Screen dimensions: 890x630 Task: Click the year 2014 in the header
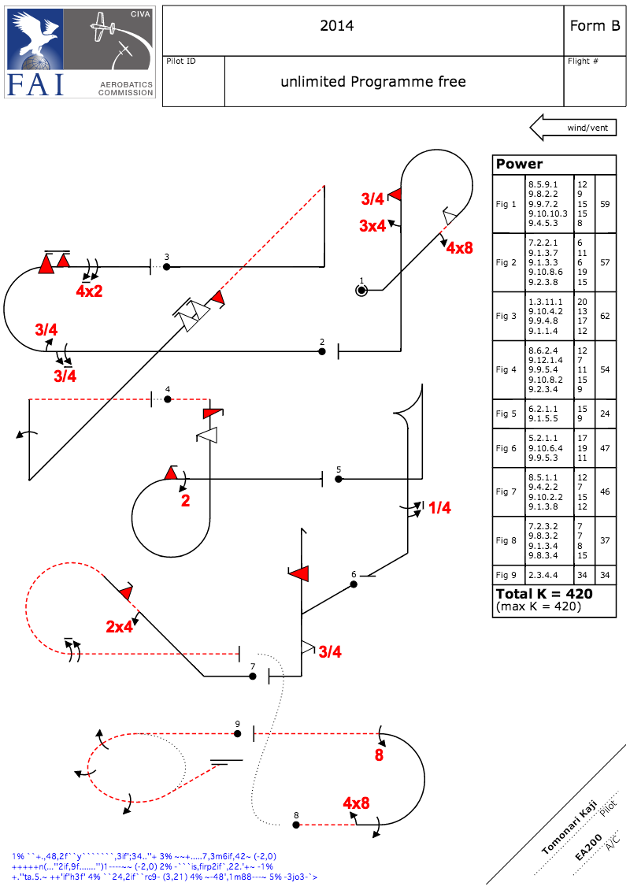point(336,26)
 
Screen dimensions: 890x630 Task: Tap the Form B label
point(595,26)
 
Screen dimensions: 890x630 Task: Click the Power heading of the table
point(519,165)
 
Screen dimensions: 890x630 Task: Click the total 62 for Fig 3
point(606,316)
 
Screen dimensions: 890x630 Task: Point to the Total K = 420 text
point(544,593)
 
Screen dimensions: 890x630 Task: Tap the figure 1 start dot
point(361,290)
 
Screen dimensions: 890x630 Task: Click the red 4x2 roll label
point(89,291)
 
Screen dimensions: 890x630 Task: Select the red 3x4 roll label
point(372,226)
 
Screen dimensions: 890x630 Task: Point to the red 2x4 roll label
point(120,627)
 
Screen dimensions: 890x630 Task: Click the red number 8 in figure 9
point(379,755)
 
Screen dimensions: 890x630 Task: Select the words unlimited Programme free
point(373,82)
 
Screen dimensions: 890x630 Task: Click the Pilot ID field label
point(181,61)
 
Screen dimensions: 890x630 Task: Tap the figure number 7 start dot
point(253,676)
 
